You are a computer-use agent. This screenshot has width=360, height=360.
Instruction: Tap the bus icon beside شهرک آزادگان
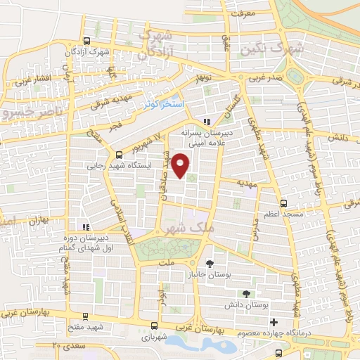86,41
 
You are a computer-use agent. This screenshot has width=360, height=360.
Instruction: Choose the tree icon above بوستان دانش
245,293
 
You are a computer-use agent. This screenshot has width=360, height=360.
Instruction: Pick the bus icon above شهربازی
153,325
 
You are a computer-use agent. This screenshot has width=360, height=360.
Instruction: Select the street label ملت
167,262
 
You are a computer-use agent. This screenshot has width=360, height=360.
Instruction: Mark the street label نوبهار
204,75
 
